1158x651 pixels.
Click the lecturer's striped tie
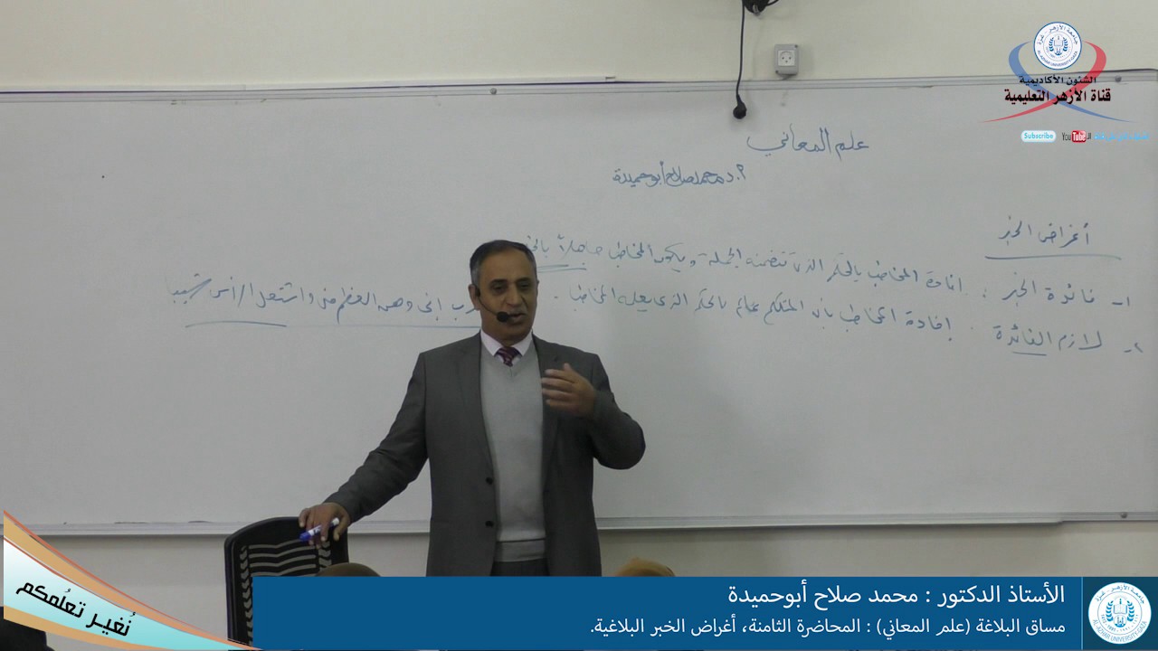(x=508, y=355)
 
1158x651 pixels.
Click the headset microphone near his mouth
(x=501, y=316)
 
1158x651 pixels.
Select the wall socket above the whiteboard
(x=786, y=59)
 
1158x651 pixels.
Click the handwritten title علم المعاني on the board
(x=807, y=143)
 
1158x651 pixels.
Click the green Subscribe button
(x=1038, y=137)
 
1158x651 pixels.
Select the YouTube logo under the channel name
(x=1075, y=137)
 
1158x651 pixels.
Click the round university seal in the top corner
(x=1057, y=46)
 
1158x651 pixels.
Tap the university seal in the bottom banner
(x=1119, y=613)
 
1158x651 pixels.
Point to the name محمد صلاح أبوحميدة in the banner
(x=823, y=596)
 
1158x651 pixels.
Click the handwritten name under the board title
(x=679, y=175)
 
